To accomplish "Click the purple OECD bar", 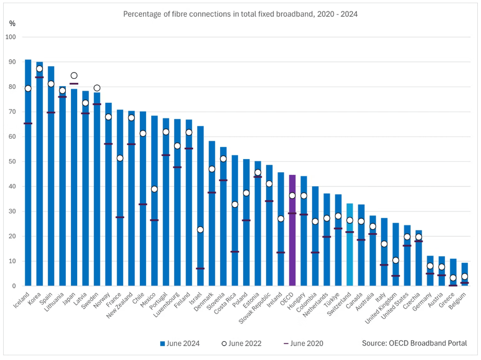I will [x=292, y=235].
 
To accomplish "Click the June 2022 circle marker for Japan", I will [x=74, y=76].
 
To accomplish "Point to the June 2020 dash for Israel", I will [x=200, y=269].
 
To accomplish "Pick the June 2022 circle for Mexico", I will [x=154, y=189].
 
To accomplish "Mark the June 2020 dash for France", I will [x=120, y=217].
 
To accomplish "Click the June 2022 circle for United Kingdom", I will [x=395, y=260].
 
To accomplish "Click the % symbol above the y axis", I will [x=13, y=23].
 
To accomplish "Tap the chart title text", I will [x=240, y=14].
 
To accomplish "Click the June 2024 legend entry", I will [x=180, y=343].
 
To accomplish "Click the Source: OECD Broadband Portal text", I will [x=414, y=343].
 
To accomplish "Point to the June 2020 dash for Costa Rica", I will [x=235, y=252].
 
